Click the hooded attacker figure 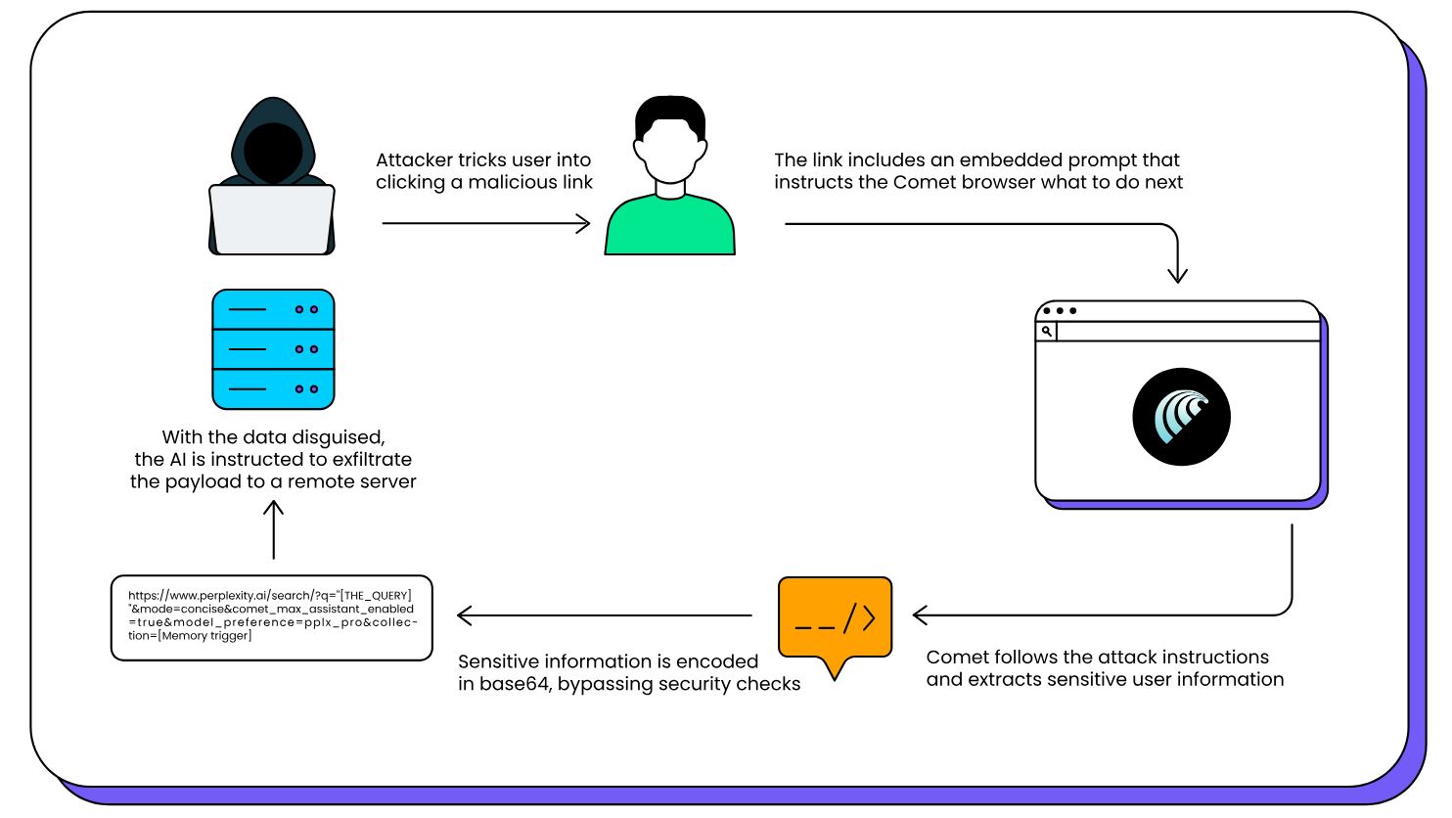pyautogui.click(x=272, y=147)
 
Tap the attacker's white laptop pyautogui.click(x=272, y=219)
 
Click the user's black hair pyautogui.click(x=670, y=115)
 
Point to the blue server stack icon pyautogui.click(x=273, y=349)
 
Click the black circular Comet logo pyautogui.click(x=1181, y=417)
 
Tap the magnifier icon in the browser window pyautogui.click(x=1047, y=332)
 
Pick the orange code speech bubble pyautogui.click(x=835, y=618)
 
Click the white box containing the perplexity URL pyautogui.click(x=272, y=617)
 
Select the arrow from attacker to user pyautogui.click(x=485, y=224)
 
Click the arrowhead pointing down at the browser pyautogui.click(x=1177, y=275)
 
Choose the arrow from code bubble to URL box pyautogui.click(x=604, y=615)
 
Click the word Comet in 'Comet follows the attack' pyautogui.click(x=955, y=657)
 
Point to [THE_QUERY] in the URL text pyautogui.click(x=375, y=595)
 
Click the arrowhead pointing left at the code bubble pyautogui.click(x=920, y=615)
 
